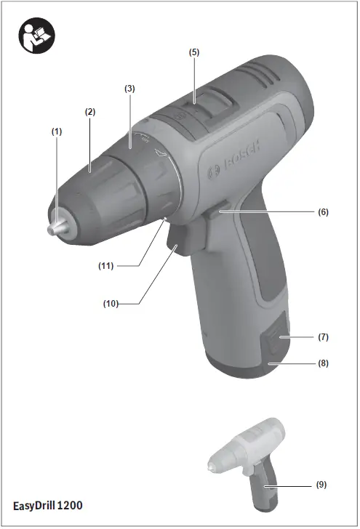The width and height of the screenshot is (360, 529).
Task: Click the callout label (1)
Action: pos(57,132)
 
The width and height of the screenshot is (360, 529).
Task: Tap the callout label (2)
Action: pos(90,113)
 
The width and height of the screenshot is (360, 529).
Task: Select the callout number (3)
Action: pos(129,88)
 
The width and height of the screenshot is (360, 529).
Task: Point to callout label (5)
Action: pos(194,52)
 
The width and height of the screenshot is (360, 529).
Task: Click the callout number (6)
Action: pos(323,212)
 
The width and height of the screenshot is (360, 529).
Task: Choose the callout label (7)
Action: pos(324,338)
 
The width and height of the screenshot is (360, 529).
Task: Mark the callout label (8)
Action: pos(324,361)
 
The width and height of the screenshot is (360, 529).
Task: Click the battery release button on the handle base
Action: pos(274,339)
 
